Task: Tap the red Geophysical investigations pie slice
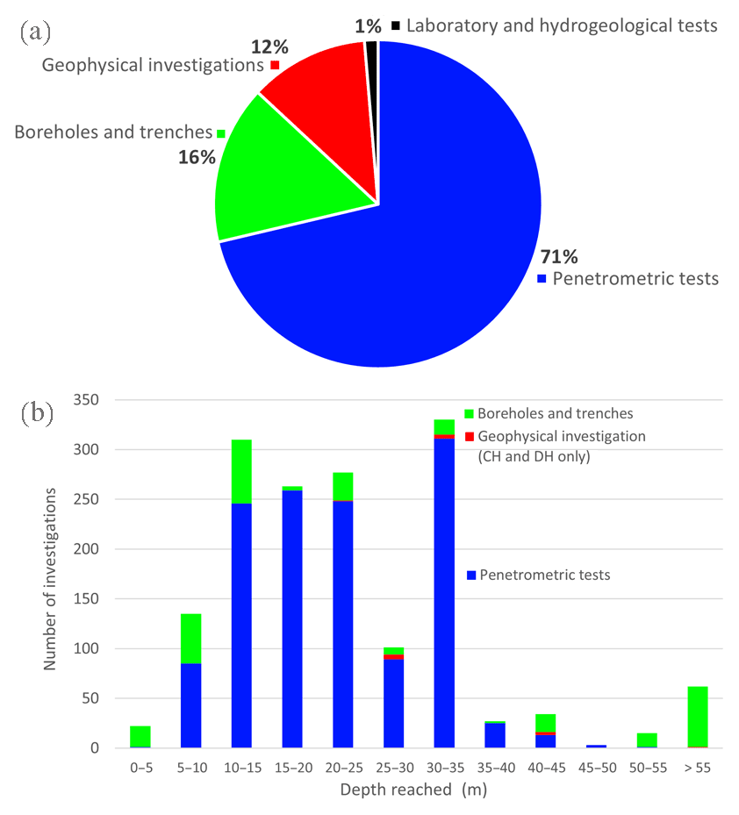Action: click(x=320, y=88)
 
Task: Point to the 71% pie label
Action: click(x=558, y=257)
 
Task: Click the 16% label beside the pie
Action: click(x=197, y=157)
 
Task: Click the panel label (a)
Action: click(x=35, y=32)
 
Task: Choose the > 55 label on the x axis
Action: click(x=697, y=767)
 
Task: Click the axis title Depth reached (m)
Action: click(x=412, y=790)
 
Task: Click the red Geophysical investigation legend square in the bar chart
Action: click(x=469, y=437)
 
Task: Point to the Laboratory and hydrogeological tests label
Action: click(x=562, y=25)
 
